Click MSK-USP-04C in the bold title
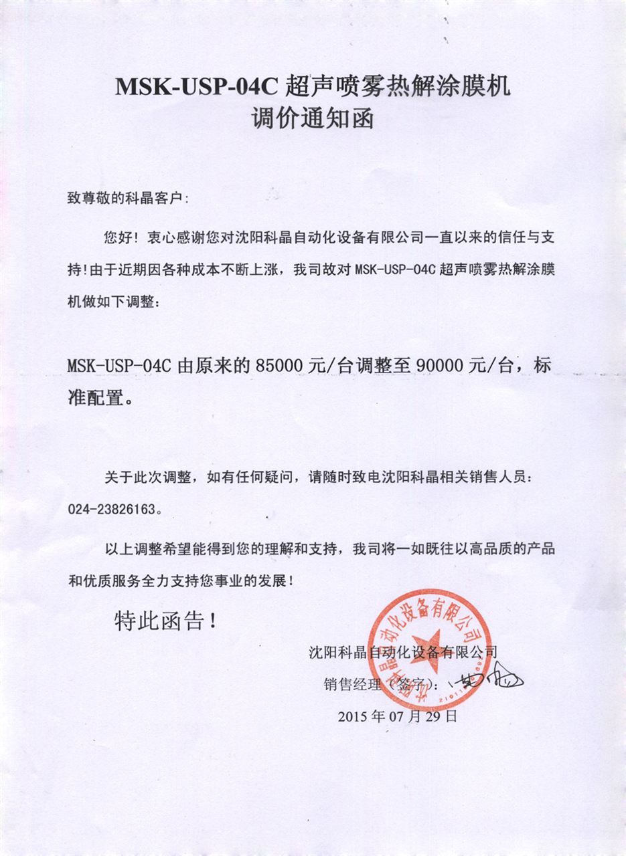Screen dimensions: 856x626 coord(197,87)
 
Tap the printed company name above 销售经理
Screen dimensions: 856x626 coord(401,650)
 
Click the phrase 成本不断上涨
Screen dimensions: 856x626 coord(237,270)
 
